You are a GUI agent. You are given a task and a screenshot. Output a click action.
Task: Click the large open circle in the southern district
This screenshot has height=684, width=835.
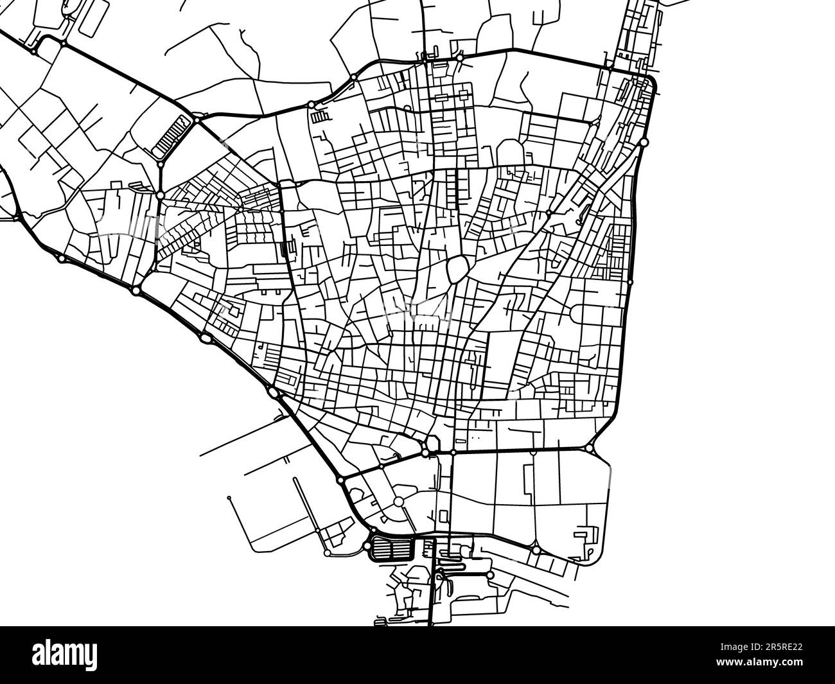tap(399, 502)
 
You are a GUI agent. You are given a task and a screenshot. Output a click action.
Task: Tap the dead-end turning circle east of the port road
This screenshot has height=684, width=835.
tap(490, 575)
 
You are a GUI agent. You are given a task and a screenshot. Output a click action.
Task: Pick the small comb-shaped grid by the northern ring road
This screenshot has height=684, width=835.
tap(319, 117)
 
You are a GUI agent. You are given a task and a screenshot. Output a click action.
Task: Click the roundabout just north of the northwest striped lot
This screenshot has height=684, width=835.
tap(194, 118)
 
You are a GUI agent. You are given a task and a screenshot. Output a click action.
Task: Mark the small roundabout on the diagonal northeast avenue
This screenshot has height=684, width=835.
tap(549, 213)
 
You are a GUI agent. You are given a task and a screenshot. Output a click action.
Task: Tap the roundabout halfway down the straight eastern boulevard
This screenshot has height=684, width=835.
tap(630, 281)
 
